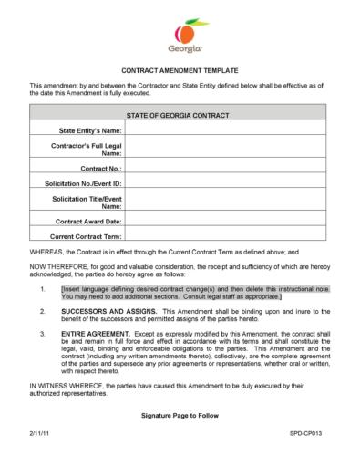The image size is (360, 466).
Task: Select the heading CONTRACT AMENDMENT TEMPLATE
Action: pos(180,70)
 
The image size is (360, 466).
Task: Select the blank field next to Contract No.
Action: pos(232,169)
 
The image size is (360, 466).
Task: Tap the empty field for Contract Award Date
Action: pos(232,221)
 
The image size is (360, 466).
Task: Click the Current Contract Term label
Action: pos(87,236)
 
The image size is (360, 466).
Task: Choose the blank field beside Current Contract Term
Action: pos(232,236)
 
